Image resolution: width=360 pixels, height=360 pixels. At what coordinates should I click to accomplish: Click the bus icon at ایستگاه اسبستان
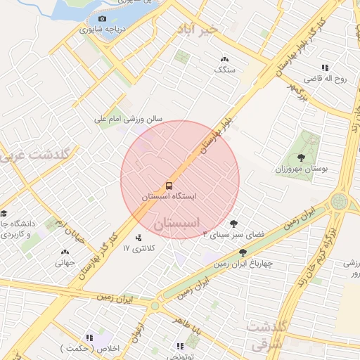(x=169, y=186)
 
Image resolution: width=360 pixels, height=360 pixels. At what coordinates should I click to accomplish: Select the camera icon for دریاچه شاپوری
(x=103, y=18)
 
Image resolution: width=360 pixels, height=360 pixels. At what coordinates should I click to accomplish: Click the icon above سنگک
(x=224, y=60)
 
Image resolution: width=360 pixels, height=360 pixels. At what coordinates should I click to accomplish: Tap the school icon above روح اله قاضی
(x=325, y=67)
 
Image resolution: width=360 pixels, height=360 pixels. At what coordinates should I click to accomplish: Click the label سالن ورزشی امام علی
(x=129, y=120)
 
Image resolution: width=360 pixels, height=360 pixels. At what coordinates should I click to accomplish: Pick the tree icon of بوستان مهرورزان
(x=302, y=157)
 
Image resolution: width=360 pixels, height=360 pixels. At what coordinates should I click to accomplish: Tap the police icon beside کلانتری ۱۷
(x=138, y=238)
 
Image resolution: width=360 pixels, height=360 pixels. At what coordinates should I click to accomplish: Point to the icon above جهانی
(x=65, y=252)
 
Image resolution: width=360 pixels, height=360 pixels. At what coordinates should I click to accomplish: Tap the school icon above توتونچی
(x=179, y=345)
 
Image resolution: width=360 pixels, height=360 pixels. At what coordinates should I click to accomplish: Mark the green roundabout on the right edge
(x=340, y=201)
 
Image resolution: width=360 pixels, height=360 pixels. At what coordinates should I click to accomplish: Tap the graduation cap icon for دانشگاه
(x=4, y=213)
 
